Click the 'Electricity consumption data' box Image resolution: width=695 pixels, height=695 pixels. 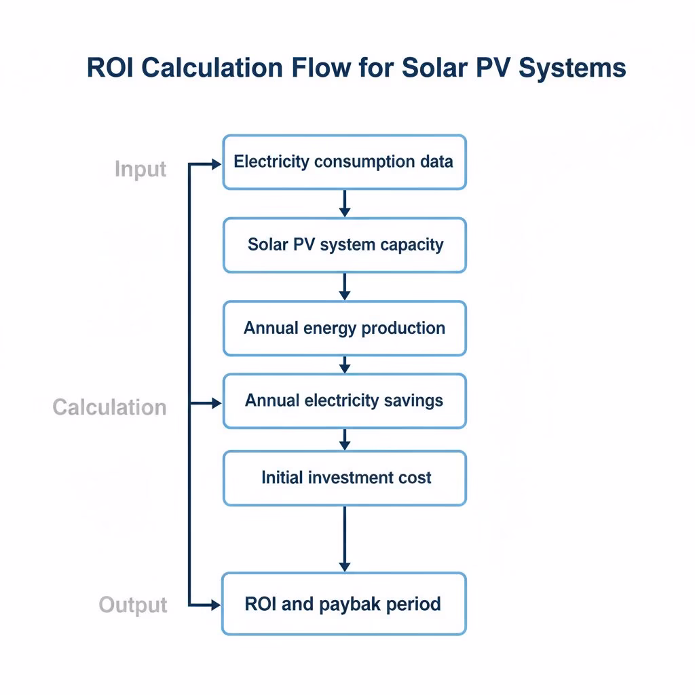click(344, 162)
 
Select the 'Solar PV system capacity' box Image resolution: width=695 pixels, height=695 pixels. click(344, 245)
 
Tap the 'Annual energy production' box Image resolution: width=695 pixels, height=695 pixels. click(344, 328)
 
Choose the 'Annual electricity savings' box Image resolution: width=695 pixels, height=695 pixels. click(344, 401)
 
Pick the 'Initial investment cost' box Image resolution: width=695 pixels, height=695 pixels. click(344, 478)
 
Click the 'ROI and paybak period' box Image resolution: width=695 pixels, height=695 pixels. click(344, 603)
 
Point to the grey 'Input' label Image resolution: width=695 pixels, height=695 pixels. click(140, 170)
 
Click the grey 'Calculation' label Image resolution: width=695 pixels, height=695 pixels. click(109, 407)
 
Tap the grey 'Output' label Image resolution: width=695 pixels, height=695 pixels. click(133, 605)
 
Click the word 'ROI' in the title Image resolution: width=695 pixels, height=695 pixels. click(110, 68)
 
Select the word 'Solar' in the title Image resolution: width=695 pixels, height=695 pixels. click(434, 68)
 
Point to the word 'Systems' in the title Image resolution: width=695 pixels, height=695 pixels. click(572, 69)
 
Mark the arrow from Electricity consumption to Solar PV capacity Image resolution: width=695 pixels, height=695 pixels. click(344, 204)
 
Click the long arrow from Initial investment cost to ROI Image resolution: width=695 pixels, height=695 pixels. click(344, 539)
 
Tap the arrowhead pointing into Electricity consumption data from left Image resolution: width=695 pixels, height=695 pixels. click(217, 164)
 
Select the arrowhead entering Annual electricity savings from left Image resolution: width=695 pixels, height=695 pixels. click(217, 403)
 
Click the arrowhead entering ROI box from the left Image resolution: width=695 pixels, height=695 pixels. click(216, 605)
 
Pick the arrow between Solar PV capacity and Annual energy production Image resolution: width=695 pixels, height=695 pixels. click(344, 287)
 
